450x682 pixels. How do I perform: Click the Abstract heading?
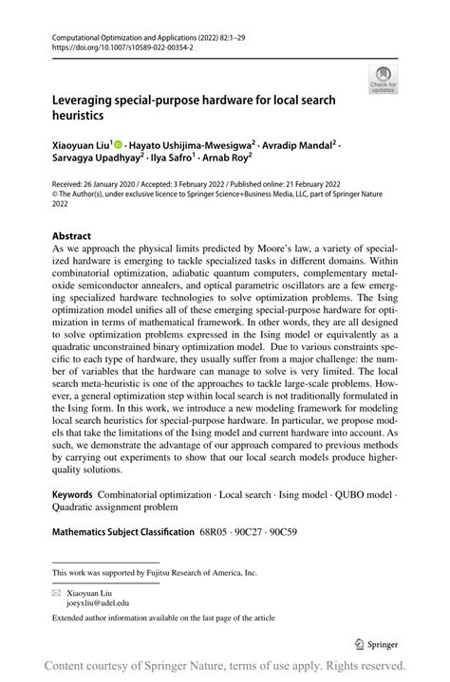72,235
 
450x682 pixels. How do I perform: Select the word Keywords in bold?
72,495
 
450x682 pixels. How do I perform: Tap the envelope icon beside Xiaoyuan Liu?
56,592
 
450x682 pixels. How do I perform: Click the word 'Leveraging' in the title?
90,99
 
